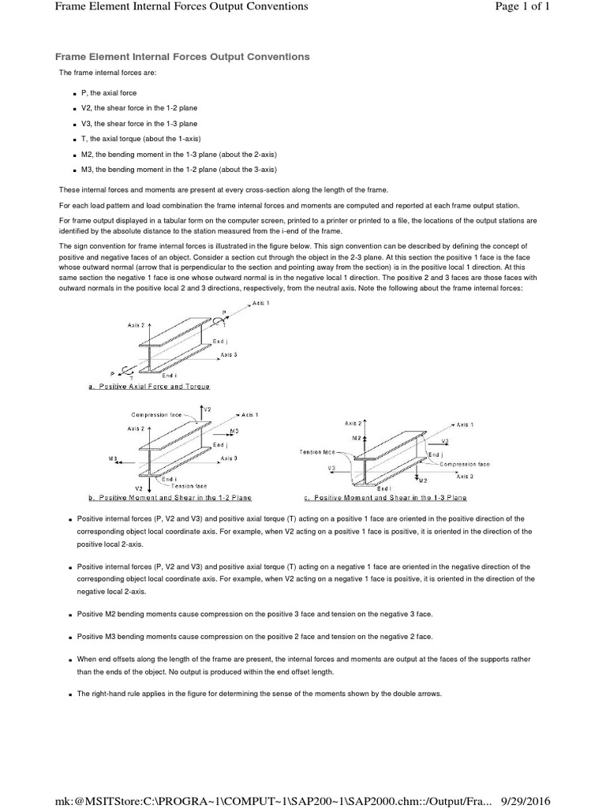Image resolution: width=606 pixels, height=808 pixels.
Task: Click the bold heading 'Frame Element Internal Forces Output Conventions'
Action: (181, 57)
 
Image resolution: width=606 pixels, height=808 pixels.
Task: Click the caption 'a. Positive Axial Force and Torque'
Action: (150, 387)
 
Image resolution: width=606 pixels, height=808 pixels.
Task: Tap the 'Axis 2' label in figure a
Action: (136, 325)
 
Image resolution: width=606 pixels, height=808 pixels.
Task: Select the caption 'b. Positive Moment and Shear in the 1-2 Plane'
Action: (170, 498)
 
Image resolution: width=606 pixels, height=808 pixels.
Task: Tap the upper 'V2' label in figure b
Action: (207, 410)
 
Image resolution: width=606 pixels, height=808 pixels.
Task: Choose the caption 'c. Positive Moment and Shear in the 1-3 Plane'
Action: (385, 498)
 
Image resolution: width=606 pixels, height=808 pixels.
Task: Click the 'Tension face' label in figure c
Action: (317, 452)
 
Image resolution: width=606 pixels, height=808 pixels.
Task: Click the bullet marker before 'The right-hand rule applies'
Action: (70, 694)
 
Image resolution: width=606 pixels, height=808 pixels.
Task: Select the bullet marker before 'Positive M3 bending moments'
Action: (70, 637)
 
